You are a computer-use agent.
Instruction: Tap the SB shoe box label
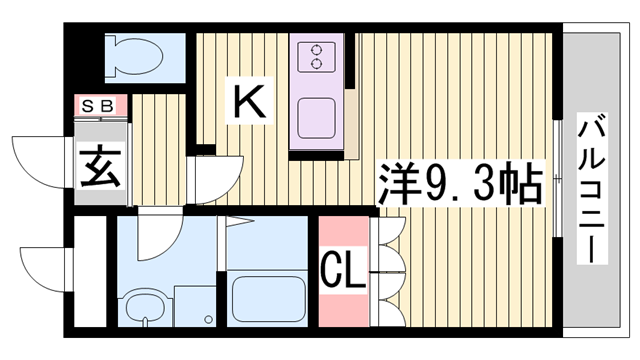[x=98, y=105]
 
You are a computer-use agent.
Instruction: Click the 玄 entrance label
[x=100, y=166]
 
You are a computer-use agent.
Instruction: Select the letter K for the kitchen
[x=248, y=102]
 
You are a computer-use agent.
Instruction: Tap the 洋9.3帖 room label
[x=460, y=182]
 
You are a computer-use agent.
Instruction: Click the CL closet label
[x=342, y=269]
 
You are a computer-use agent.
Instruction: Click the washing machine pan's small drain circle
[x=208, y=322]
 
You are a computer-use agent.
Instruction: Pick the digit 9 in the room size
[x=436, y=182]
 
